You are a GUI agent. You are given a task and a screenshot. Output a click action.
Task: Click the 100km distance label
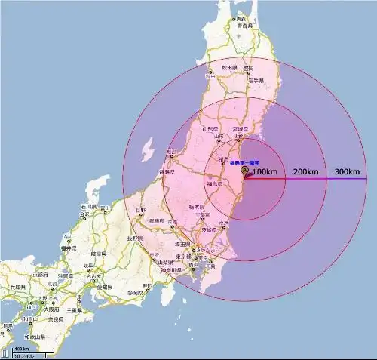pyautogui.click(x=265, y=173)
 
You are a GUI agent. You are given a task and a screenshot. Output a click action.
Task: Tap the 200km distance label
pyautogui.click(x=305, y=173)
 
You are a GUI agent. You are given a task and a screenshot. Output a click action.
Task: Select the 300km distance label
pyautogui.click(x=347, y=172)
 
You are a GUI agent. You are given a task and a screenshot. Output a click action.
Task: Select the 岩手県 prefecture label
pyautogui.click(x=257, y=80)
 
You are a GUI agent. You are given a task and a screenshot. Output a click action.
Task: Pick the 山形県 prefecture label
pyautogui.click(x=210, y=129)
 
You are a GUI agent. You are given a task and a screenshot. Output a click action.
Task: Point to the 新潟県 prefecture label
pyautogui.click(x=167, y=173)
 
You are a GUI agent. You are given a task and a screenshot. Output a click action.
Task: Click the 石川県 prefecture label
pyautogui.click(x=87, y=205)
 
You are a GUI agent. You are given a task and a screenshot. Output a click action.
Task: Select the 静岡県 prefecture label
pyautogui.click(x=135, y=292)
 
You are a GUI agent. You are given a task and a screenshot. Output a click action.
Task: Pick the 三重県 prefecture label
pyautogui.click(x=73, y=309)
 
